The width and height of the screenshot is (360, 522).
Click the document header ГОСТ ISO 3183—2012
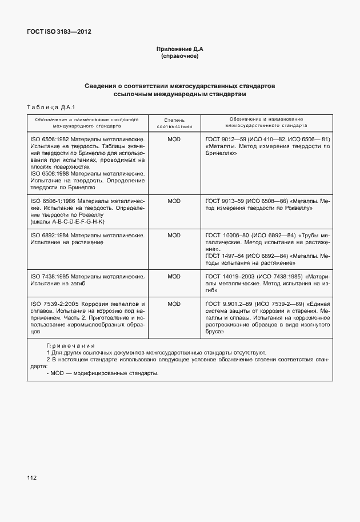tap(59, 31)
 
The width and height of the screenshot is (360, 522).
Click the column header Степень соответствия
tap(174, 123)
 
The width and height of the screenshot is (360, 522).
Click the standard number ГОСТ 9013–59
tap(226, 201)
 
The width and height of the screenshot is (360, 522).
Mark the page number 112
tap(31, 477)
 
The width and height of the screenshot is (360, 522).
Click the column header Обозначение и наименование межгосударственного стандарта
tap(267, 121)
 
